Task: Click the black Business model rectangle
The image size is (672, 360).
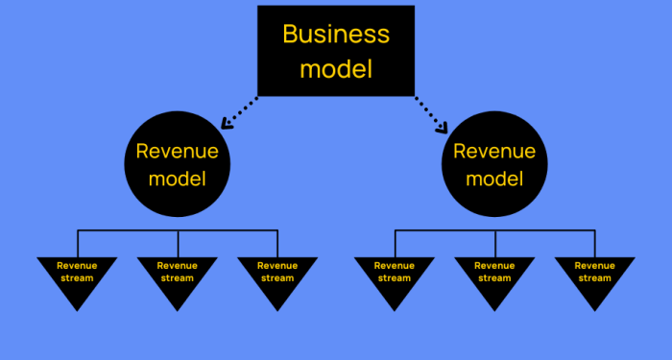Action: [336, 50]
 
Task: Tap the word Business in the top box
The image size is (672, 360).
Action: [336, 34]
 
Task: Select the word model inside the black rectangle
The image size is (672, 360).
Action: [336, 69]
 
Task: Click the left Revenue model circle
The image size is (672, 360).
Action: [178, 165]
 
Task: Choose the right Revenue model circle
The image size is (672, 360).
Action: [494, 165]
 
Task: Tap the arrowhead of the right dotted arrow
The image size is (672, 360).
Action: [444, 126]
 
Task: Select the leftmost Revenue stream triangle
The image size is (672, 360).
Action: [77, 277]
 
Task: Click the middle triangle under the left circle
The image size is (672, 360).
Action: [177, 277]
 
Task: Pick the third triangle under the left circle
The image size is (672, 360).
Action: [277, 277]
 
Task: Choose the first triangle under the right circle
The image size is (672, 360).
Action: [394, 277]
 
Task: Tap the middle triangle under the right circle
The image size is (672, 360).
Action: [494, 277]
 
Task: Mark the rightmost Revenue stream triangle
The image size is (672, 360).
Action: [595, 277]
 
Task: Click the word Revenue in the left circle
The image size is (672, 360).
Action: [178, 151]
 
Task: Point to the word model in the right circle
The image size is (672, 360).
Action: [494, 179]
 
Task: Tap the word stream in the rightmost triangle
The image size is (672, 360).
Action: [595, 278]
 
